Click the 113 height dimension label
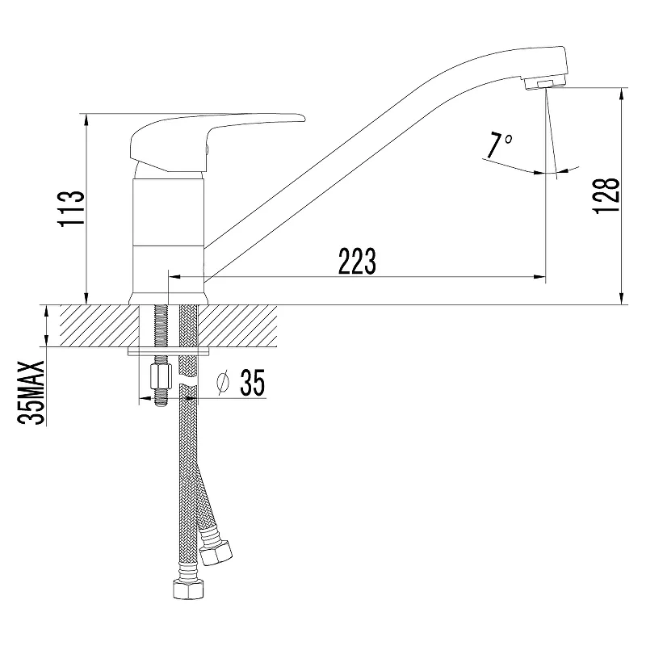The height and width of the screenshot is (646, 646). coord(72,208)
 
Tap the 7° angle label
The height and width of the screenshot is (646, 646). coord(499,145)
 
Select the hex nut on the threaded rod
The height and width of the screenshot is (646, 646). coord(160,376)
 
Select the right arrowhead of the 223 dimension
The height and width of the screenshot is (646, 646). coord(541,277)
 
